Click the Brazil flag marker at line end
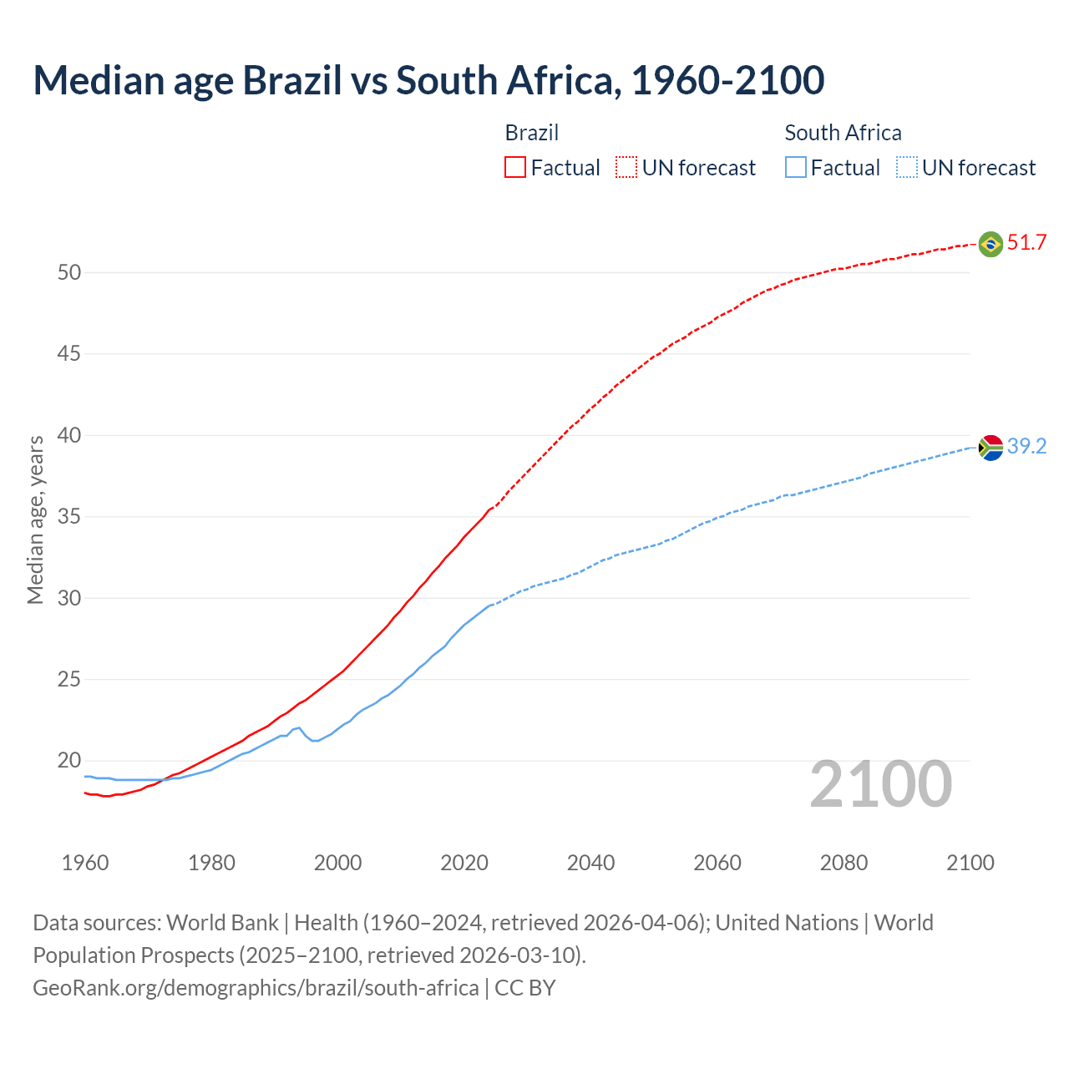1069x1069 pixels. [x=990, y=244]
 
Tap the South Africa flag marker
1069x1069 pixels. [x=990, y=448]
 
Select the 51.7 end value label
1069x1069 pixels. [x=1026, y=243]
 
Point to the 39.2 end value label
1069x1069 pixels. [x=1026, y=447]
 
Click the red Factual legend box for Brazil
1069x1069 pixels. [x=515, y=168]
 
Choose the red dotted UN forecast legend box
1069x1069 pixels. [x=626, y=168]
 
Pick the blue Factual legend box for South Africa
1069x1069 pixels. [x=796, y=168]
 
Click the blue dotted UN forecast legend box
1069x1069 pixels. [x=906, y=168]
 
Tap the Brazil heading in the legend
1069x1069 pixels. [x=532, y=133]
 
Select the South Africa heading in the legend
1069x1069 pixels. [x=843, y=133]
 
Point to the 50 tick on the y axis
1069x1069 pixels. [x=69, y=273]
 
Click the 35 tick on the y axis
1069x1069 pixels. [x=69, y=517]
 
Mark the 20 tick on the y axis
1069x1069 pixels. [x=69, y=761]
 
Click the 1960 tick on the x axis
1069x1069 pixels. [x=85, y=863]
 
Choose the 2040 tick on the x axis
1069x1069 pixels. [x=590, y=863]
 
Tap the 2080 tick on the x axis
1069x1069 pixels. [x=844, y=863]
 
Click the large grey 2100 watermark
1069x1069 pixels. [x=880, y=784]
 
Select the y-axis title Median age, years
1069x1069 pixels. [x=35, y=519]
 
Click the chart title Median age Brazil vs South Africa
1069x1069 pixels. [x=428, y=80]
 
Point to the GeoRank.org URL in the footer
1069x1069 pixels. [x=256, y=988]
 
